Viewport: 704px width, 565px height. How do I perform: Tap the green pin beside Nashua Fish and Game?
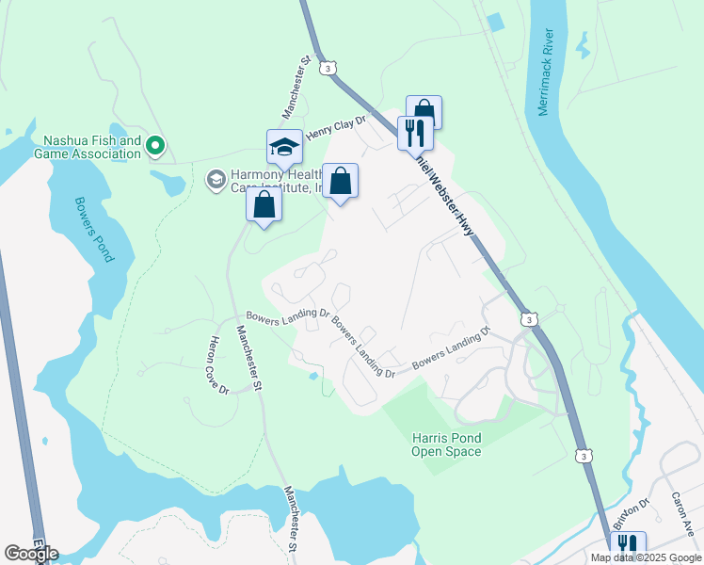[x=157, y=146]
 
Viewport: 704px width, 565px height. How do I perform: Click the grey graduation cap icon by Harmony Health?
[x=216, y=178]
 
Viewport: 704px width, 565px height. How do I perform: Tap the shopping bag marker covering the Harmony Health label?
[x=340, y=180]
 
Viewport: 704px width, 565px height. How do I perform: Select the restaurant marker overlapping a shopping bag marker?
[x=414, y=132]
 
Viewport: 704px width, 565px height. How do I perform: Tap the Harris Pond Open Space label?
[x=446, y=444]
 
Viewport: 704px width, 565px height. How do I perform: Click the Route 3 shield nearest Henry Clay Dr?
[x=327, y=69]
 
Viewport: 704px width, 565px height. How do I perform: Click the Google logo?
[x=31, y=553]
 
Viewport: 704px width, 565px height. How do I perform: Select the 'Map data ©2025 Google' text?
[x=645, y=557]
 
